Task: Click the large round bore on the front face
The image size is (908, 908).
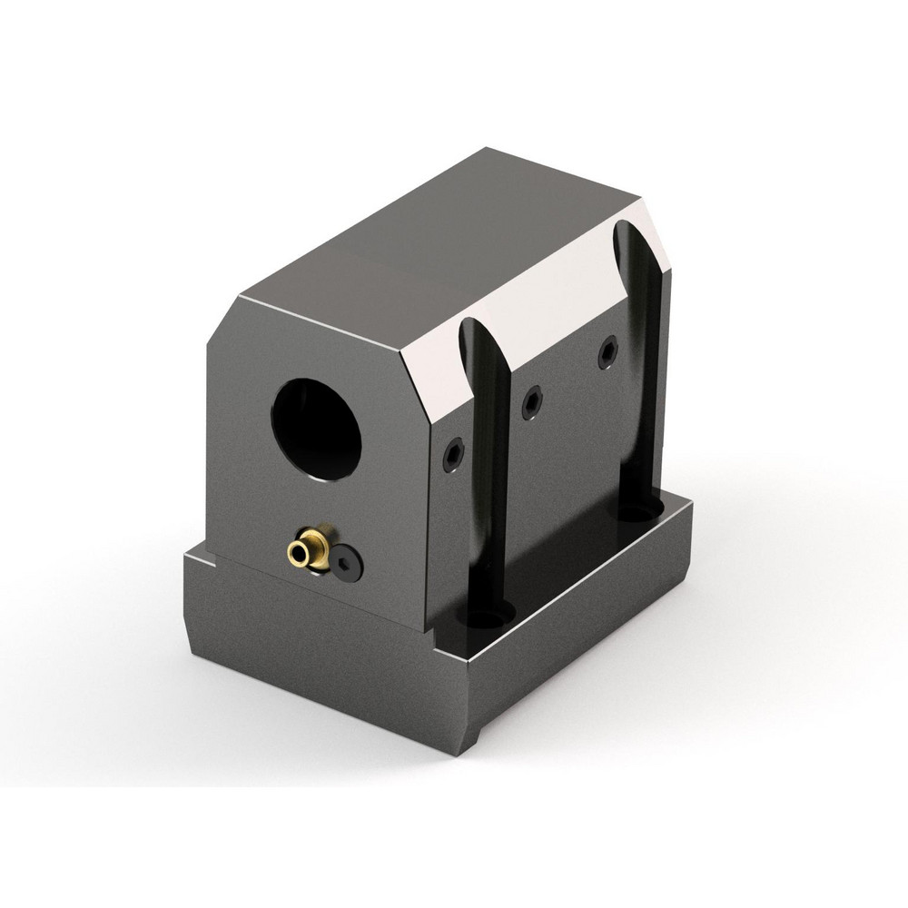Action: click(x=319, y=426)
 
